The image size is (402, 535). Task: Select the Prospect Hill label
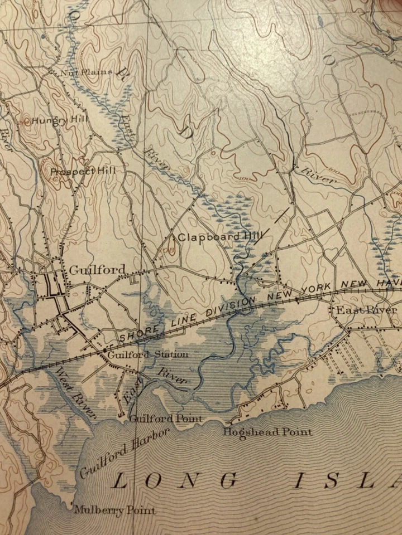coord(83,171)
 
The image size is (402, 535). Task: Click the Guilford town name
coord(97,270)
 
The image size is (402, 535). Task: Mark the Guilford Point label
coord(166,419)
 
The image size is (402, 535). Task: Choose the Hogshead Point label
coord(267,432)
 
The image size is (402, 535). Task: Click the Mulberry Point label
coord(114,510)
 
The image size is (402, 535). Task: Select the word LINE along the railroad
coord(173,324)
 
